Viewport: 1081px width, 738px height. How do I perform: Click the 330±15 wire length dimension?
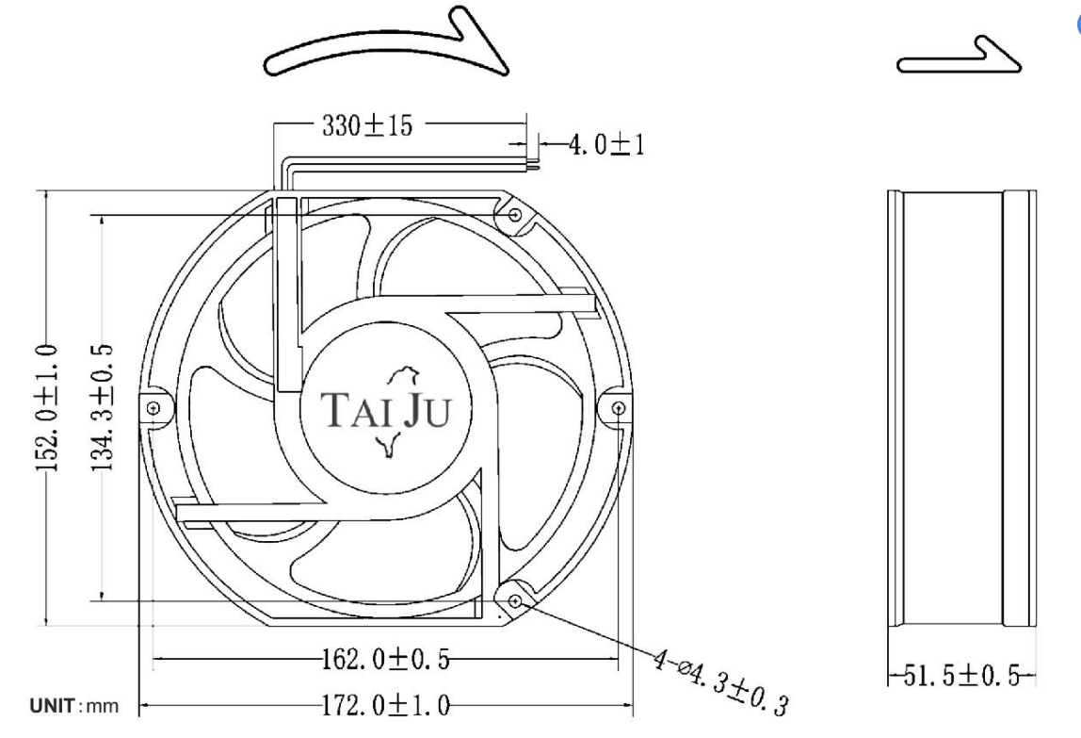[x=367, y=126]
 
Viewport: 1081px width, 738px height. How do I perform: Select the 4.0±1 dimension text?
[x=606, y=145]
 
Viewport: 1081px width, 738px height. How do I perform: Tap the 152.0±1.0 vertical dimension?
[x=47, y=408]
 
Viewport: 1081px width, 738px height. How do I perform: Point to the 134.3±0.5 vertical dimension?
[x=103, y=408]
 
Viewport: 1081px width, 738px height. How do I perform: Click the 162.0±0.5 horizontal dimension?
[x=385, y=659]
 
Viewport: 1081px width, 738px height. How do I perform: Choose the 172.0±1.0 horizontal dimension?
[x=386, y=706]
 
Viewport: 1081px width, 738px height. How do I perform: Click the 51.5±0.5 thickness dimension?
[x=961, y=676]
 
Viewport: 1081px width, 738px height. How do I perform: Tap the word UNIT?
[x=52, y=706]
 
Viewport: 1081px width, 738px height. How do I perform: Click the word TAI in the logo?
[x=350, y=409]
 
